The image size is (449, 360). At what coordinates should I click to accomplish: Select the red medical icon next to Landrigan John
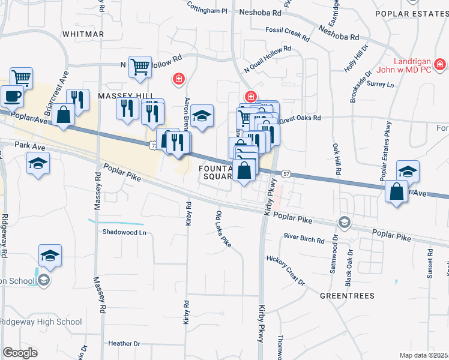[x=440, y=64]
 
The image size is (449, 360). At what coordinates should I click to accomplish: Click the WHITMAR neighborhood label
[x=83, y=34]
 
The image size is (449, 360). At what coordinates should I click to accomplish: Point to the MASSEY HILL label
[x=108, y=96]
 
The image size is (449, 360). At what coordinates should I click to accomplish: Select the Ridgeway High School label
[x=41, y=322]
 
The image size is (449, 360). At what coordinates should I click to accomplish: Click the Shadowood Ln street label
[x=124, y=232]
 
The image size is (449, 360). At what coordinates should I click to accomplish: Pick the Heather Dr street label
[x=124, y=344]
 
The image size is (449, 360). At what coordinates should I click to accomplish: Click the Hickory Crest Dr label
[x=286, y=269]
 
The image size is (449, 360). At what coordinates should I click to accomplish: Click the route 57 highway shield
[x=287, y=173]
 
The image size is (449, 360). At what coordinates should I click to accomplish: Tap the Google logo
[x=20, y=353]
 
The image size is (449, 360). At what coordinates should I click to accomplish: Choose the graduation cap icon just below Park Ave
[x=38, y=163]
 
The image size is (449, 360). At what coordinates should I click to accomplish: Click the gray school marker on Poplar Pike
[x=343, y=223]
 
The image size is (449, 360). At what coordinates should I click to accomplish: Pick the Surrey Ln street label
[x=380, y=85]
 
